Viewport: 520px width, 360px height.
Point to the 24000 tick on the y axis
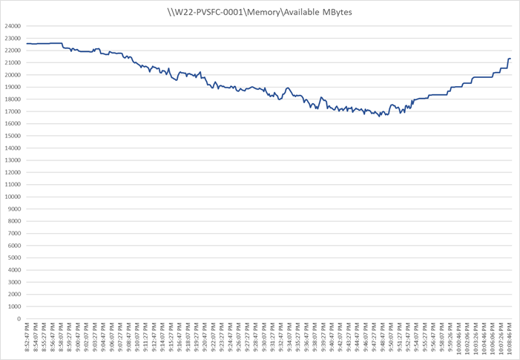pos(12,26)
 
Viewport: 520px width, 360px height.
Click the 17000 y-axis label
pos(12,111)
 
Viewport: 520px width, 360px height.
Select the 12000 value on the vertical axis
pos(12,172)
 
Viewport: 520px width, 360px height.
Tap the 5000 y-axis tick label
pos(13,258)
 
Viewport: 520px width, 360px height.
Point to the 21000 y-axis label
pos(12,62)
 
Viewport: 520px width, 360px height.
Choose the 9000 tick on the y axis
pos(13,209)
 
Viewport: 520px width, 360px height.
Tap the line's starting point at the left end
pos(27,44)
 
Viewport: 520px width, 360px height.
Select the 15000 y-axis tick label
pos(12,136)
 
